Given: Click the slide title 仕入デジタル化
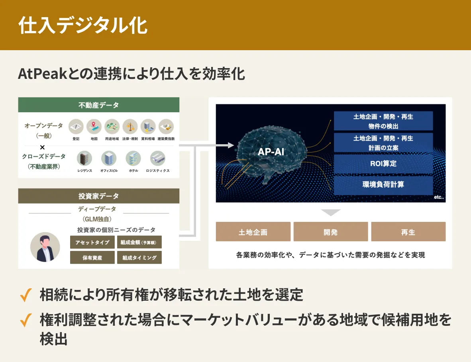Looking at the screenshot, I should coord(83,26).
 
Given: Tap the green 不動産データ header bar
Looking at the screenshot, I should coord(98,105).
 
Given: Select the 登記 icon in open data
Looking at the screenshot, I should coord(76,127).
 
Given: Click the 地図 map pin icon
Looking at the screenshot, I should coord(94,127).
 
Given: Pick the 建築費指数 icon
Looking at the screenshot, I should coord(166,127).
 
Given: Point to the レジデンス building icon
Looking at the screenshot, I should coord(84,158).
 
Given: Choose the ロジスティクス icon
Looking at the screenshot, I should coord(157,158).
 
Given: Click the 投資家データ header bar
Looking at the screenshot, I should coord(98,196).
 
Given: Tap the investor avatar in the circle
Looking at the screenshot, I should coord(45,247).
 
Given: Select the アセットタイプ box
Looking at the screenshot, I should coord(92,242).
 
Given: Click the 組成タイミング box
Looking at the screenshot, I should coord(139,258).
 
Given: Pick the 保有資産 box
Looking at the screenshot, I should coord(92,258).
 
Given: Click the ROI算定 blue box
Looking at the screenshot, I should coord(383,164).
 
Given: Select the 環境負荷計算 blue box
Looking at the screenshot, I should coord(383,185).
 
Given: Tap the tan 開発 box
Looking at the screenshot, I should coord(331,232).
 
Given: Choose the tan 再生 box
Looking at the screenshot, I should coord(408,232).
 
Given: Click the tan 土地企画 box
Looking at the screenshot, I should coord(253,232).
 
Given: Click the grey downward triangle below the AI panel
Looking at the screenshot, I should coord(331,213).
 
